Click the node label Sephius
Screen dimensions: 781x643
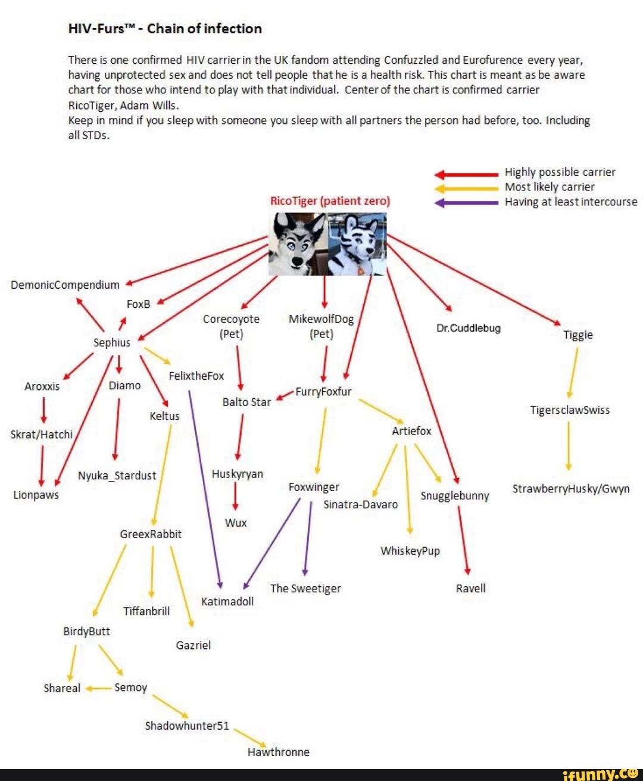[x=112, y=342]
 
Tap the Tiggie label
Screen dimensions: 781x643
[x=578, y=335]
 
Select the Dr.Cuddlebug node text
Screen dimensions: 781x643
[x=469, y=328]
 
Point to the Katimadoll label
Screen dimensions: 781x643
[x=227, y=601]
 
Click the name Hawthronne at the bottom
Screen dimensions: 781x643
[x=279, y=752]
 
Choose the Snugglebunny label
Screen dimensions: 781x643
[x=455, y=496]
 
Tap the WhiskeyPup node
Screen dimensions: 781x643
[x=410, y=551]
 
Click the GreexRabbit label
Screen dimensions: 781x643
[x=151, y=534]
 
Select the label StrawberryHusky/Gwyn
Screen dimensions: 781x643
[x=571, y=489]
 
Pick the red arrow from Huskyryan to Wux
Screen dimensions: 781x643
[x=236, y=496]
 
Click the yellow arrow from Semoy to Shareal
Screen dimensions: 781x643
[x=98, y=688]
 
